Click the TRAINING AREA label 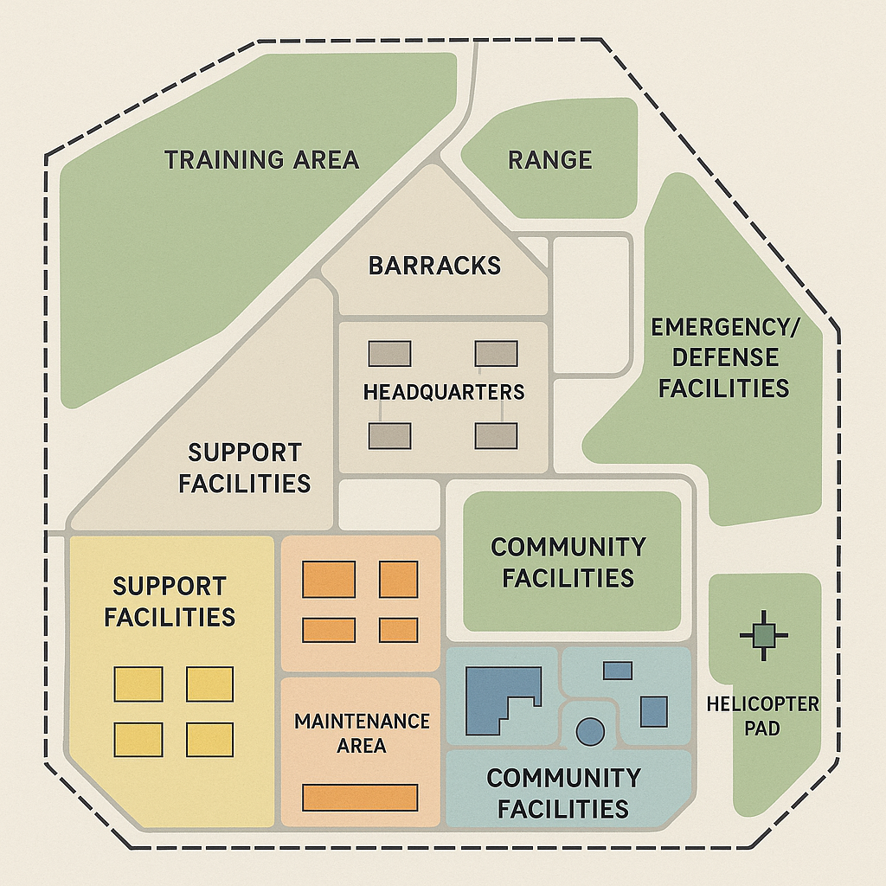pyautogui.click(x=261, y=160)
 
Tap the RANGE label pyautogui.click(x=549, y=160)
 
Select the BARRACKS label pyautogui.click(x=434, y=265)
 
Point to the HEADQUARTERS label pyautogui.click(x=443, y=392)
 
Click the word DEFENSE pyautogui.click(x=725, y=357)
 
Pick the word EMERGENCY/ pyautogui.click(x=725, y=328)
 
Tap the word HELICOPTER pyautogui.click(x=762, y=703)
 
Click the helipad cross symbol pyautogui.click(x=764, y=636)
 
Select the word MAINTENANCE pyautogui.click(x=362, y=721)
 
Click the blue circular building pyautogui.click(x=589, y=731)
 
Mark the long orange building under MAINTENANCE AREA pyautogui.click(x=360, y=797)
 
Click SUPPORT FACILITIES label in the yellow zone pyautogui.click(x=170, y=601)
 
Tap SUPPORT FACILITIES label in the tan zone pyautogui.click(x=245, y=467)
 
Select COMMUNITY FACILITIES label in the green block pyautogui.click(x=568, y=562)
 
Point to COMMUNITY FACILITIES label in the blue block pyautogui.click(x=563, y=793)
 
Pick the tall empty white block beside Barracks pyautogui.click(x=591, y=305)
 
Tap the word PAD pyautogui.click(x=762, y=729)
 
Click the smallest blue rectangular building pyautogui.click(x=617, y=670)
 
